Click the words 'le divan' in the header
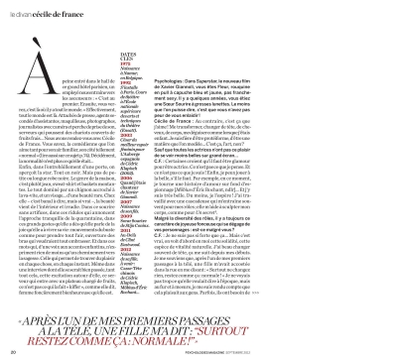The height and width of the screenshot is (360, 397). (x=20, y=10)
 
